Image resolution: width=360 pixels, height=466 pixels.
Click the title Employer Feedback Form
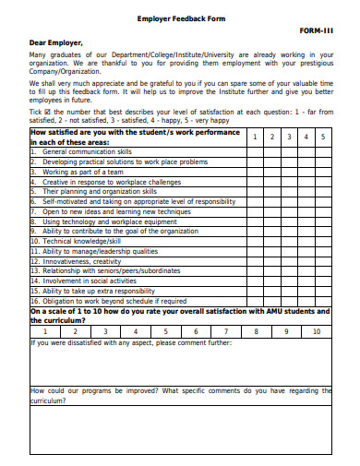click(180, 18)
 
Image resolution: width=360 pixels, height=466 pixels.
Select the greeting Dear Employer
click(56, 42)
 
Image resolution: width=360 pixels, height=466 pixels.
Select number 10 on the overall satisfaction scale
click(316, 330)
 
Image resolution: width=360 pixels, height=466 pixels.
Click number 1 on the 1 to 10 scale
click(45, 330)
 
